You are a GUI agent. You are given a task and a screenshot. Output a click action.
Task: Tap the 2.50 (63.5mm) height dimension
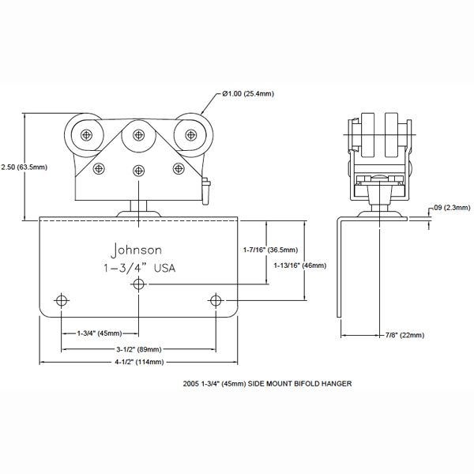point(24,167)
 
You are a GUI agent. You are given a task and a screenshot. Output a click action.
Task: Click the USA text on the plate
point(164,268)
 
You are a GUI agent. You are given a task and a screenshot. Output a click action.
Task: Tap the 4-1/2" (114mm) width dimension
point(139,362)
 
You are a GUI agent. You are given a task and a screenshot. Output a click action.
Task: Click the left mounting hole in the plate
point(62,301)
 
